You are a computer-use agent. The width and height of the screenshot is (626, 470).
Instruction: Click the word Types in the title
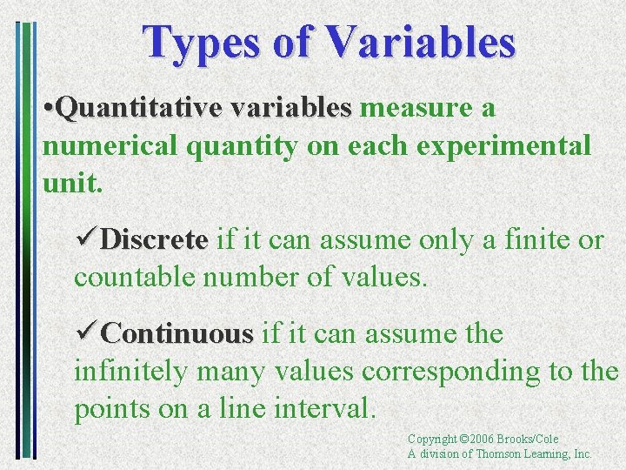pos(198,42)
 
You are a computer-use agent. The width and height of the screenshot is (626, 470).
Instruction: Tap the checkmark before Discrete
pos(86,239)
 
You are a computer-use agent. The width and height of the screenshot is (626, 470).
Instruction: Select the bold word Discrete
pos(155,239)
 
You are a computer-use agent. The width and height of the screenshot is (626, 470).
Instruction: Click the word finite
pos(524,239)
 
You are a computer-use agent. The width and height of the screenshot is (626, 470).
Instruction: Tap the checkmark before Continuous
pos(86,333)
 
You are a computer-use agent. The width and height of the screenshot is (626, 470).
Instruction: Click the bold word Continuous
pos(177,333)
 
